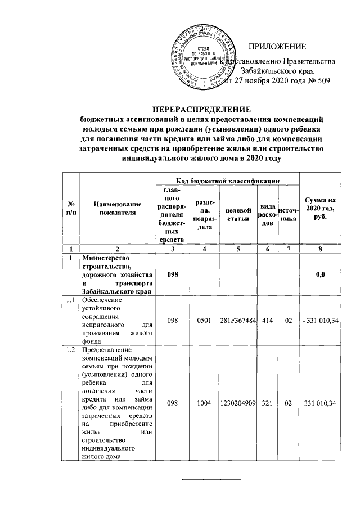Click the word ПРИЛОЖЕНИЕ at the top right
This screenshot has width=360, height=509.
coord(277,46)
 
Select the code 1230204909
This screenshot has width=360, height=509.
coord(237,403)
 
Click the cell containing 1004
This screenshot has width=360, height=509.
coord(202,403)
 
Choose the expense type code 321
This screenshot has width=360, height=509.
coord(267,403)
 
